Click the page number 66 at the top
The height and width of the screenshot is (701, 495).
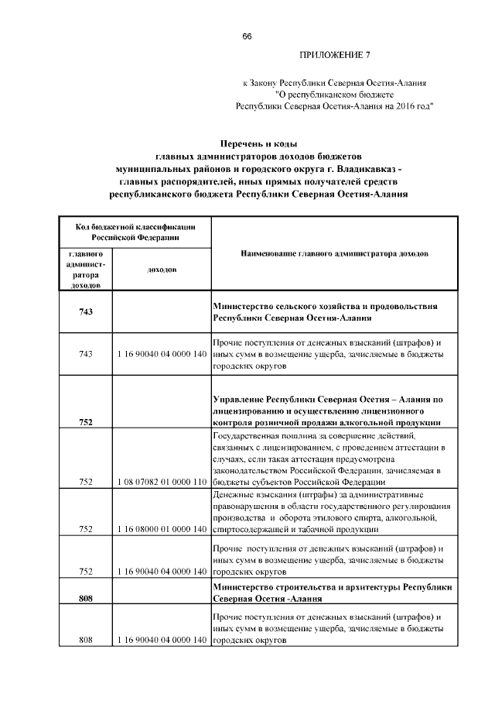click(x=247, y=37)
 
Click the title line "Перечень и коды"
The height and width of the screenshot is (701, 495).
click(x=258, y=144)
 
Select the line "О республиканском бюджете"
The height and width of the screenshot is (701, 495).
click(x=335, y=94)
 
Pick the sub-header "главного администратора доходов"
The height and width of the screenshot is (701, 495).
click(x=85, y=270)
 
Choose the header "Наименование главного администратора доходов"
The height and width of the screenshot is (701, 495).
click(x=334, y=253)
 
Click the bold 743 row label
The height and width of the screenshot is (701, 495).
click(x=85, y=311)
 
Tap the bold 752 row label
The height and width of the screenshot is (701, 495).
click(x=85, y=422)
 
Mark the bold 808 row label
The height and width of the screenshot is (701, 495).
click(x=85, y=598)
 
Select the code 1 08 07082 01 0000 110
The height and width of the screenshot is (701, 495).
click(x=162, y=482)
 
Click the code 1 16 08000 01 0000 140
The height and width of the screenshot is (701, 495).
click(x=162, y=530)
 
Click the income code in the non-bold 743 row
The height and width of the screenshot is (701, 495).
click(x=162, y=354)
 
